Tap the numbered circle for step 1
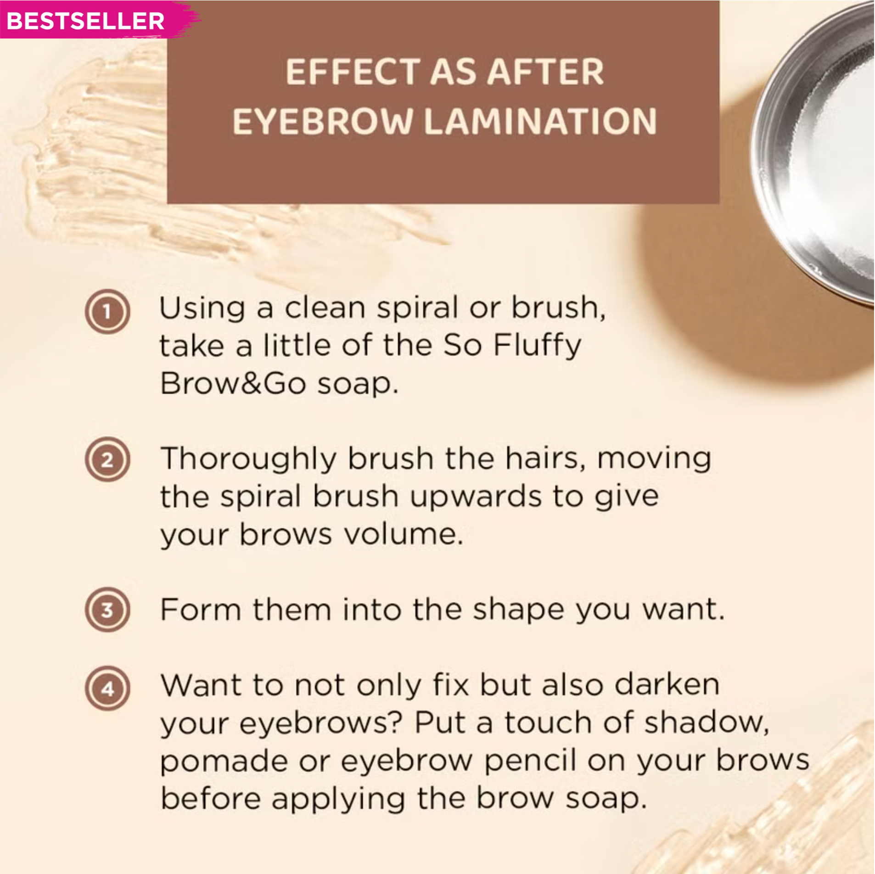pos(107,312)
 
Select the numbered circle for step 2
pos(107,459)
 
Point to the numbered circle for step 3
pos(107,610)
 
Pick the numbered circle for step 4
pos(107,689)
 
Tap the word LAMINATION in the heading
pos(540,122)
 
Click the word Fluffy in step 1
pos(537,346)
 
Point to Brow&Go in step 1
pos(233,383)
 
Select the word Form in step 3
pos(200,610)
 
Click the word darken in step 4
pos(667,685)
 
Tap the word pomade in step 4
pos(223,762)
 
